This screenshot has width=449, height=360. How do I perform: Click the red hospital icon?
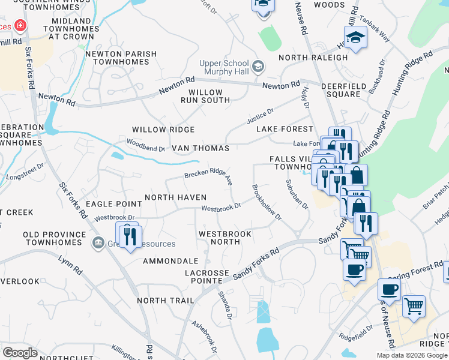coord(20,26)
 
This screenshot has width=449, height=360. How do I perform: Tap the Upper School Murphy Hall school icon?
coord(259,65)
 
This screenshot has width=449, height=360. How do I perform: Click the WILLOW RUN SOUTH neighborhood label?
coord(205,97)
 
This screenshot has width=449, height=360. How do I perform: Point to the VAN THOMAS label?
coord(200,148)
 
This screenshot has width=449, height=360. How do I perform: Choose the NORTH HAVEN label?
coord(175,197)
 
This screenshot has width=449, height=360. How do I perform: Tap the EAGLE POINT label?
coord(113,205)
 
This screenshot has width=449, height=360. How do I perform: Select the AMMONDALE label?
coord(170,262)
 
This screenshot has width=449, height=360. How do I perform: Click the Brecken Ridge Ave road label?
coord(208,175)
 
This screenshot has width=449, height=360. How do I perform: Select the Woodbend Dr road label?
coord(146,145)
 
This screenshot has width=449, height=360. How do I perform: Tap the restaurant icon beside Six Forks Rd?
coord(128,235)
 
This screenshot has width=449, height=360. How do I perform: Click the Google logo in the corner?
coord(20,353)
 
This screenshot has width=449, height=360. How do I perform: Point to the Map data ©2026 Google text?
coord(412,355)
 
